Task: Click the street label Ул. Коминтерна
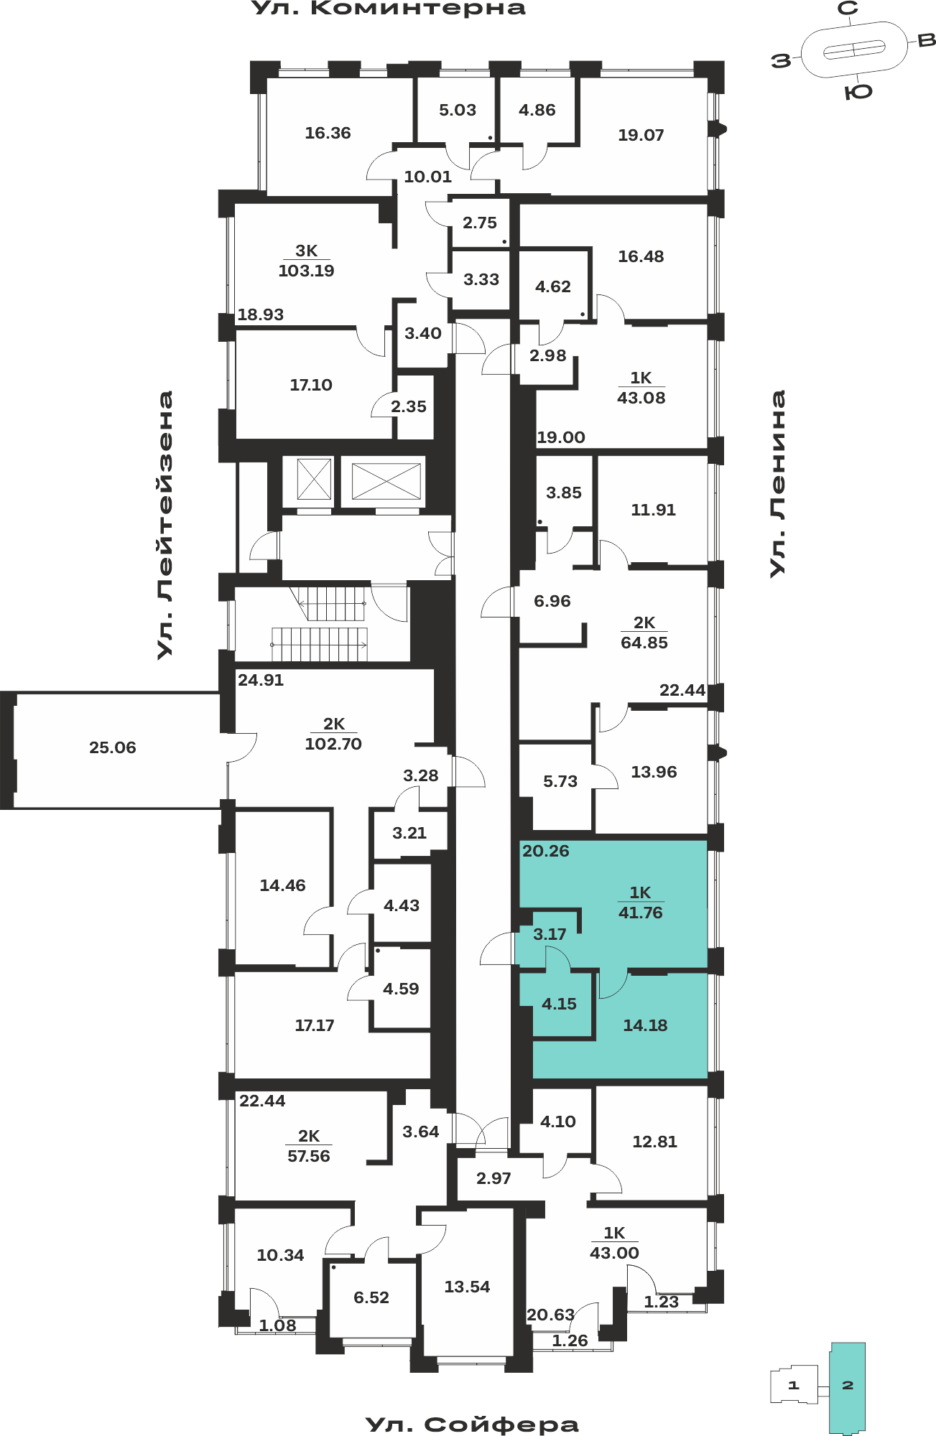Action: (x=389, y=9)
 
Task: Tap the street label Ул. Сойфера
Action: (x=472, y=1425)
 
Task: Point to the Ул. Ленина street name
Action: (x=777, y=483)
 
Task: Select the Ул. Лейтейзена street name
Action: (x=165, y=525)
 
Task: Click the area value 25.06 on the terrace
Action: (x=113, y=747)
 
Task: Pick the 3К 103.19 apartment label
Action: (x=307, y=261)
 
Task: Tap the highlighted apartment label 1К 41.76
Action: (x=641, y=903)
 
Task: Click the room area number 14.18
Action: (x=645, y=1025)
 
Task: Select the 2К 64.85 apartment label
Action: (x=644, y=633)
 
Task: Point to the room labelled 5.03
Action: (x=458, y=110)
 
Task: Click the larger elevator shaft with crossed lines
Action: (x=386, y=481)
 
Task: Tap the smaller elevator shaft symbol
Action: (x=314, y=479)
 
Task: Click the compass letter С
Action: (x=848, y=9)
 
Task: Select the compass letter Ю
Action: (x=858, y=92)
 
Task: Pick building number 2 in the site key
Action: (x=848, y=1385)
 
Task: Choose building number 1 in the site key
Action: (x=794, y=1385)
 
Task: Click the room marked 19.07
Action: (x=641, y=135)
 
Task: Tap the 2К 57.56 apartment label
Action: (x=309, y=1146)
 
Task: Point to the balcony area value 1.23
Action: (x=661, y=1302)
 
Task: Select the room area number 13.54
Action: (x=467, y=1287)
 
